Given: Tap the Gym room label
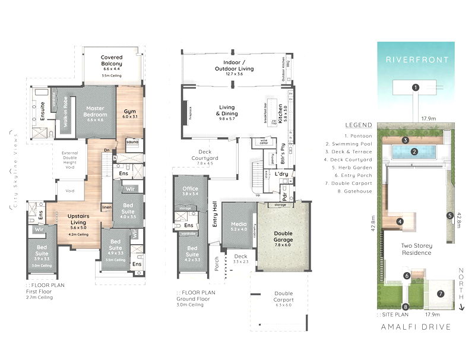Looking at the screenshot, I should point(129,113).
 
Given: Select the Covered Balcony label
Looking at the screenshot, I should point(111,61).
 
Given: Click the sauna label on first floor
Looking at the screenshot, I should point(132,143).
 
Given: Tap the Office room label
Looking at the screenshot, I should point(190,191).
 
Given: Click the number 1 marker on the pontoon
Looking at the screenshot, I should point(416,87).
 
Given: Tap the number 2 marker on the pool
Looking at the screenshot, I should point(415,151).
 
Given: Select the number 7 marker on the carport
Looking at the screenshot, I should point(440,293).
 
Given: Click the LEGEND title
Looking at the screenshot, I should point(358,125).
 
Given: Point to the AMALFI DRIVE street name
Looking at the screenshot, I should point(415,327).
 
